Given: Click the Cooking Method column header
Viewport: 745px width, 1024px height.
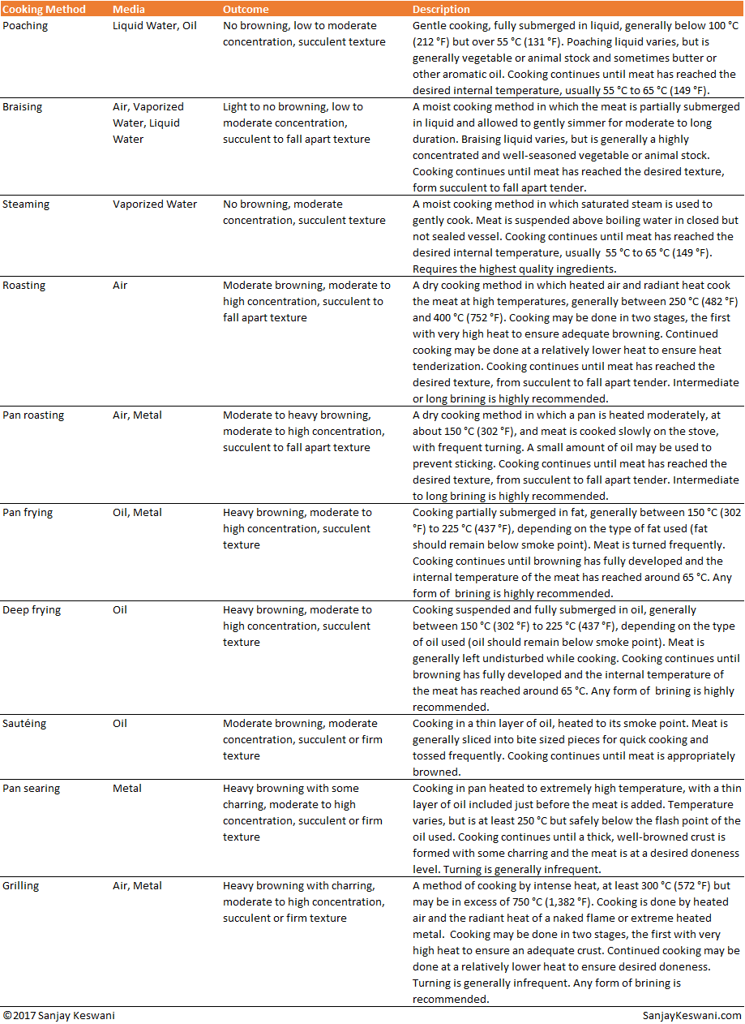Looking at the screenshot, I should (x=44, y=10).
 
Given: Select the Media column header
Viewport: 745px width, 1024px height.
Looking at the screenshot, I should (x=130, y=10).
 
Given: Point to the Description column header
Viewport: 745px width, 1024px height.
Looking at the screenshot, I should (x=441, y=10).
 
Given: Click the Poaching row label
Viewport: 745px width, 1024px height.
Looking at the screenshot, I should (x=25, y=26).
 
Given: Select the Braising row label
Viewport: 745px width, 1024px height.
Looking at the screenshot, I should (x=23, y=107).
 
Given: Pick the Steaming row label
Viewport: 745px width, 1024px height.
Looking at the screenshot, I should (x=25, y=204).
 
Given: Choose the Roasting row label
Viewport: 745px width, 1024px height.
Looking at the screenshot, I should (x=24, y=286).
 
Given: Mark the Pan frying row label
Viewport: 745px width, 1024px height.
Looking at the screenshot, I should (x=29, y=513).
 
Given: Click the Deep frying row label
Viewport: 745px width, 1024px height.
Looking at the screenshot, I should (x=32, y=610).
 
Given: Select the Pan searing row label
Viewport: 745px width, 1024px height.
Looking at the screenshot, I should (x=32, y=789).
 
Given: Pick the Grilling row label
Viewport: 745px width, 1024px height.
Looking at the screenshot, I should (x=22, y=886).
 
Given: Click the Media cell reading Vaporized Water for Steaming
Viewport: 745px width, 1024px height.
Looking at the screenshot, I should (x=155, y=204).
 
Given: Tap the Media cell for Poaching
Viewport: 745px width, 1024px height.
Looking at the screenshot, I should (x=154, y=26).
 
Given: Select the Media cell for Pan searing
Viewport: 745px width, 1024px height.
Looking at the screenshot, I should (x=127, y=789).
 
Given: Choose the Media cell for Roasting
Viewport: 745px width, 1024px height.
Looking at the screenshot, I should (x=120, y=286).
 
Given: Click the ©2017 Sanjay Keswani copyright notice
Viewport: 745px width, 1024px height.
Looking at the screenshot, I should (x=58, y=1016).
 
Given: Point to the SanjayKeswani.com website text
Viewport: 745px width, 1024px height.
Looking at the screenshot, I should (x=691, y=1016).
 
